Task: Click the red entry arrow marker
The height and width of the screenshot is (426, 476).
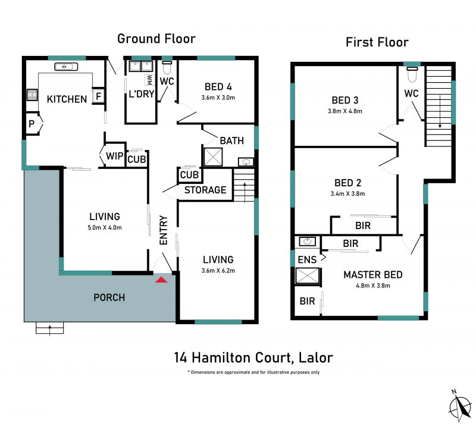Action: (161, 280)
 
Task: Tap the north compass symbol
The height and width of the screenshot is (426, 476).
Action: (461, 405)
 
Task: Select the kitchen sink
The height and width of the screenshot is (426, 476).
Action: (66, 67)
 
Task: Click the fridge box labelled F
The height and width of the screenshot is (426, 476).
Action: (98, 96)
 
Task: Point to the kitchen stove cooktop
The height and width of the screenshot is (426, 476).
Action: (32, 95)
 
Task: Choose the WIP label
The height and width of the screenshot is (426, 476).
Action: (114, 156)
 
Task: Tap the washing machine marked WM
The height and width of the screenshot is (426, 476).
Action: (149, 80)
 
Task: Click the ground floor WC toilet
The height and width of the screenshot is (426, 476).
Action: (167, 68)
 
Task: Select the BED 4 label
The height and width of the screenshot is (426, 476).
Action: (218, 87)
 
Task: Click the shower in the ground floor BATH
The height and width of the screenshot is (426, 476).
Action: (213, 157)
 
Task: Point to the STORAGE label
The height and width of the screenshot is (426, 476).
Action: (205, 190)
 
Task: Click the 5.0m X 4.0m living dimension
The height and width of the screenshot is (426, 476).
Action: (105, 227)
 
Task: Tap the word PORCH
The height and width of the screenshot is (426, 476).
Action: (109, 297)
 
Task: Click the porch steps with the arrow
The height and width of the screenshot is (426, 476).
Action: (50, 328)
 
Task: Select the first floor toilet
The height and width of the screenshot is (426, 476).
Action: (412, 74)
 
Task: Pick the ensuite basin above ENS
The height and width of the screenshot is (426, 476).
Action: (308, 242)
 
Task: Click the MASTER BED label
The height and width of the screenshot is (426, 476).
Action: (373, 274)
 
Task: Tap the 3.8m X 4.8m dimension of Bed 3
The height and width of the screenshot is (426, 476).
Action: (345, 111)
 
